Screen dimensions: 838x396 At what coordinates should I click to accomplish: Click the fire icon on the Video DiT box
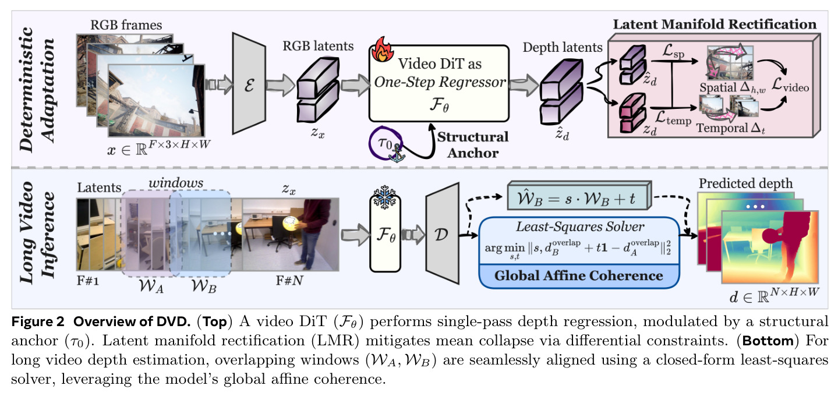[382, 49]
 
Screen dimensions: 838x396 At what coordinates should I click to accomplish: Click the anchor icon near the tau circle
[397, 153]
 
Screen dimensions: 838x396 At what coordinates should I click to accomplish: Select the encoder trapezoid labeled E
[249, 83]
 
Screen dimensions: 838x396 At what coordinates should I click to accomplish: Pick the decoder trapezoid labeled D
[442, 234]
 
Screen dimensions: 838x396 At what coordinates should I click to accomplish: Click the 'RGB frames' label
[126, 25]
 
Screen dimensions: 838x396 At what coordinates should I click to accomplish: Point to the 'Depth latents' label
[563, 48]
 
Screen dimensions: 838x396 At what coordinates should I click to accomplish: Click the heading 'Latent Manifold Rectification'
[715, 24]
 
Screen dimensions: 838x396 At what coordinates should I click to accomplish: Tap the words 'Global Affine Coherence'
[579, 275]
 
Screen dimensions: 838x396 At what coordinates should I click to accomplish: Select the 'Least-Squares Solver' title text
[580, 227]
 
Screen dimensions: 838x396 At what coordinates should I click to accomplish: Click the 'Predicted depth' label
[745, 183]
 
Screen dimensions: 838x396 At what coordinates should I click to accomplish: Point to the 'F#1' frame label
[88, 280]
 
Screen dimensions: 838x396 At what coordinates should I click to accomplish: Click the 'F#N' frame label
[289, 280]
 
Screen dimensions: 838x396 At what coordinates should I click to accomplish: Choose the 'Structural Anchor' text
[473, 144]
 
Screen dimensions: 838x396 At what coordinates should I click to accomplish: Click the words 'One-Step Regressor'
[440, 82]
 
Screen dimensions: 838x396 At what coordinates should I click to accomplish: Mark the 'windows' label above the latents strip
[176, 183]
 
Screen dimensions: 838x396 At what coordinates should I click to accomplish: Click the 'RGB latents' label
[318, 46]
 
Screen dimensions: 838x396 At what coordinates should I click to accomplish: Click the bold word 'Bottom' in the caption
[768, 341]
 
